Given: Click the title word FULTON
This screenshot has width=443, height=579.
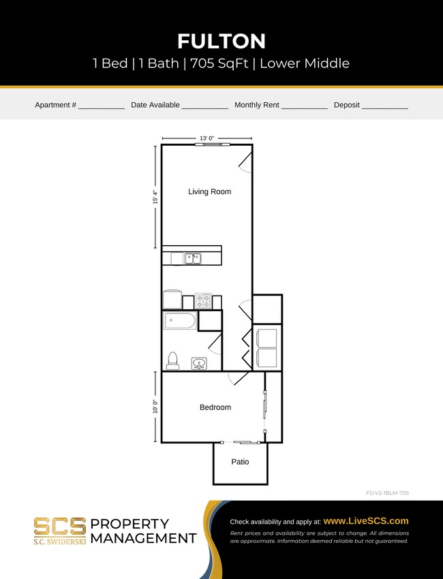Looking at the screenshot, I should pyautogui.click(x=221, y=42).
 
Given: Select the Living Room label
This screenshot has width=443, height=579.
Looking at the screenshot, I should pyautogui.click(x=209, y=192).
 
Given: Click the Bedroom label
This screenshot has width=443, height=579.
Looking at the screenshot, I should pyautogui.click(x=215, y=407).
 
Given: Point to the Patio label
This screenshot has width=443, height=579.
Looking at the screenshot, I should pyautogui.click(x=240, y=462).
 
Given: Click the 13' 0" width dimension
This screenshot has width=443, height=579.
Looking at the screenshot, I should pyautogui.click(x=207, y=138).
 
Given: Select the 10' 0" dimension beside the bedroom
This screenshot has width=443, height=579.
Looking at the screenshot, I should pyautogui.click(x=156, y=407).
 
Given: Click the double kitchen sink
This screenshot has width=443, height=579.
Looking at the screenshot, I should pyautogui.click(x=193, y=258).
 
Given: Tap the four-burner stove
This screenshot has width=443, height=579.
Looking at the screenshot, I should pyautogui.click(x=203, y=300).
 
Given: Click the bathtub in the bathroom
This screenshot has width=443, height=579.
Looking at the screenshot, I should pyautogui.click(x=179, y=321).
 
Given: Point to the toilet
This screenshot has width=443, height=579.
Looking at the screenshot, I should pyautogui.click(x=172, y=360).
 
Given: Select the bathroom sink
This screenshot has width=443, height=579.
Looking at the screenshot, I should pyautogui.click(x=199, y=362).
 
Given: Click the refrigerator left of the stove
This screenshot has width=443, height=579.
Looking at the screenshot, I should pyautogui.click(x=172, y=300).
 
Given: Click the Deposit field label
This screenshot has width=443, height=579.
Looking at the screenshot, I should pyautogui.click(x=346, y=106).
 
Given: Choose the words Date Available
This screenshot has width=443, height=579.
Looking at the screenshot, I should pyautogui.click(x=155, y=106).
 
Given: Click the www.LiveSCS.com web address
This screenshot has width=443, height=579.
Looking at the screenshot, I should pyautogui.click(x=366, y=520).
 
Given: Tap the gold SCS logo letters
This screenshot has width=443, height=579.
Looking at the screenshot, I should pyautogui.click(x=60, y=526).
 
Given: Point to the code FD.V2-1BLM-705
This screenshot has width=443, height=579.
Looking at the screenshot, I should pyautogui.click(x=387, y=492).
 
